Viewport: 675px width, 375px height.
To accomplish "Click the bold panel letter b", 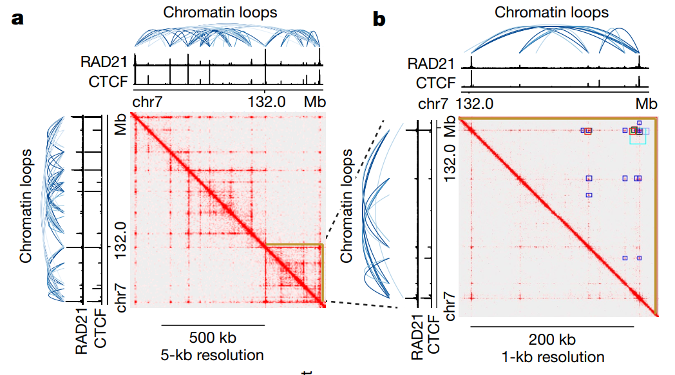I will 379,19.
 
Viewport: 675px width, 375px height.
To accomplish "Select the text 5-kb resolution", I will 213,355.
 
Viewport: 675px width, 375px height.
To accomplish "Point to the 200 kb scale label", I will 552,340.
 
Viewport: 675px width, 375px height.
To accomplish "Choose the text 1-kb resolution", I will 552,356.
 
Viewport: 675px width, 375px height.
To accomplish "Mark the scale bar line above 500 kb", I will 213,325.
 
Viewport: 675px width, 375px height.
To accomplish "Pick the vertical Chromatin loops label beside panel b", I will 348,206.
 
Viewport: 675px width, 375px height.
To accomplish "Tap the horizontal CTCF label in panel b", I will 435,82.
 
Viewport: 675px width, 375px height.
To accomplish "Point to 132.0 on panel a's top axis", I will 265,101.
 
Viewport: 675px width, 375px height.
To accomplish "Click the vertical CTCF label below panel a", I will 100,329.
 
